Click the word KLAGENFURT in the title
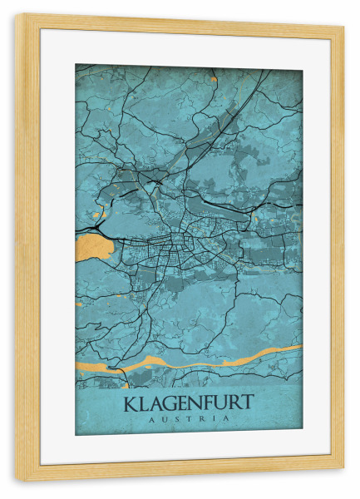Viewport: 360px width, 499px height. coord(189,404)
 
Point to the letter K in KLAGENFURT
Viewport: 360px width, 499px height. coord(131,404)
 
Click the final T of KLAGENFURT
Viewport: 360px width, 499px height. coord(248,404)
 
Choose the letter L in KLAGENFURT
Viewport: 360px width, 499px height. coord(143,404)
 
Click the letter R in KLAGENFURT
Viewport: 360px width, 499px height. coord(236,404)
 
